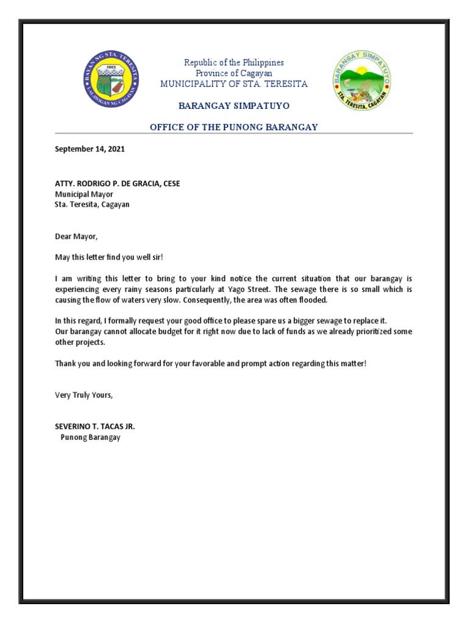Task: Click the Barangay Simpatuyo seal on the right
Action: (362, 80)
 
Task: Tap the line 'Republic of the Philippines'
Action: (234, 63)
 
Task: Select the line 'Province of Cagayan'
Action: (234, 73)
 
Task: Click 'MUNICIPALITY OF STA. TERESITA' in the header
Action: (234, 84)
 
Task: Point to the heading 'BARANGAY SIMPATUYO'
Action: (234, 106)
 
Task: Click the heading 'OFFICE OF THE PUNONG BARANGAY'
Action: (234, 127)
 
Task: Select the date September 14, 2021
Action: (90, 148)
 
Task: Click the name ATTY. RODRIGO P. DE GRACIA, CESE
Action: (117, 184)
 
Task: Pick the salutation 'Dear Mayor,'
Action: (76, 236)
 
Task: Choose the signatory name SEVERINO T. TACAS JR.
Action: (95, 426)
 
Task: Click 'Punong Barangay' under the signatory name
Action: (90, 437)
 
